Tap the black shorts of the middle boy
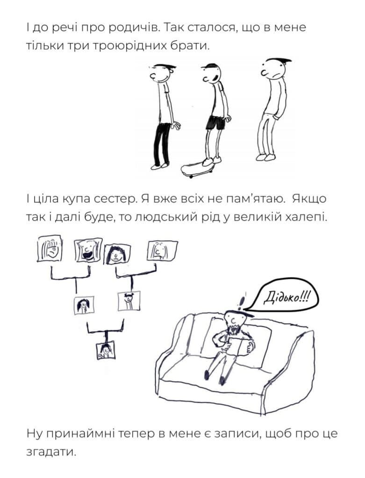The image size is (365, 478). (216, 122)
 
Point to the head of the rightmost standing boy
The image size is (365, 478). (275, 70)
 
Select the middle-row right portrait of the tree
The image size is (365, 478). (129, 301)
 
